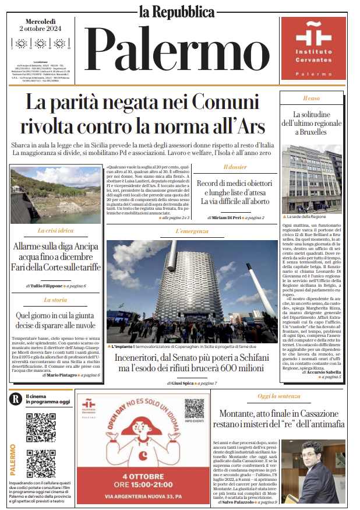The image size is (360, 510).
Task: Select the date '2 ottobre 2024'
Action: pos(41,28)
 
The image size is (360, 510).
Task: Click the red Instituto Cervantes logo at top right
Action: pos(313,48)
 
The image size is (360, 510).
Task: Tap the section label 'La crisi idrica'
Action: pos(57,231)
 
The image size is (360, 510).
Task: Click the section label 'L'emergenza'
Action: pos(192,231)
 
